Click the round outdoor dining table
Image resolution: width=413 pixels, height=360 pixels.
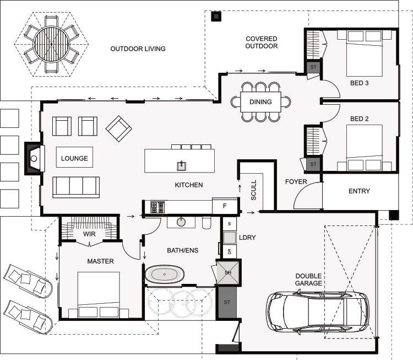point(52,44)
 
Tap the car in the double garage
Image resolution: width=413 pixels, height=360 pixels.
point(318,313)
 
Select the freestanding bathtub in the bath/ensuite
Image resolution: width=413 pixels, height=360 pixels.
point(165,275)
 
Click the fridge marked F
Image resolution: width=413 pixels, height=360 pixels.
point(225,206)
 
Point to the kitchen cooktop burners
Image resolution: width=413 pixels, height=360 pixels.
point(157,207)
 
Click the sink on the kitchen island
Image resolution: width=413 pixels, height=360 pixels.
point(182,165)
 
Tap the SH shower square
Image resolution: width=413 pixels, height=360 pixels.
point(228,272)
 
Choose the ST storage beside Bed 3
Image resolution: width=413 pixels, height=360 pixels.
point(313,67)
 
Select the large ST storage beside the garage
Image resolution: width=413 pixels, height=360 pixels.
point(227,302)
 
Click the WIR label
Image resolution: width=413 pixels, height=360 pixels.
point(89,234)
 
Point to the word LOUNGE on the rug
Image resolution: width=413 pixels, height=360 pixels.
point(74,158)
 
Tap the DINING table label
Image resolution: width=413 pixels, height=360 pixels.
point(260,102)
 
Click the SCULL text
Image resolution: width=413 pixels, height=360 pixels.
point(254,190)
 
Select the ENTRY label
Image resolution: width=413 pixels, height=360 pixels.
point(359,191)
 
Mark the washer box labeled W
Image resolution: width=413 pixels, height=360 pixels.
point(230,224)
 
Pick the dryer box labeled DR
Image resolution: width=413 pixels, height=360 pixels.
point(230,251)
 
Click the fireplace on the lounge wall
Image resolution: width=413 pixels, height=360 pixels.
point(34,159)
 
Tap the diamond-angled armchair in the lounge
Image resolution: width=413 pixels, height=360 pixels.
point(119,128)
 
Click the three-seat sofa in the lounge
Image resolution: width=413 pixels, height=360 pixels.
point(76,187)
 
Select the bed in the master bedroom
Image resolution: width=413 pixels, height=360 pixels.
point(99,294)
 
